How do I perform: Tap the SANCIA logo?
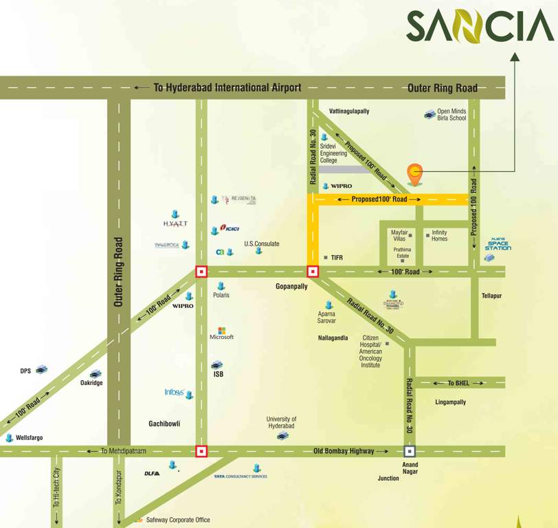click(x=480, y=26)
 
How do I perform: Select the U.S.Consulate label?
click(x=262, y=243)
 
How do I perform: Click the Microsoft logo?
click(x=221, y=334)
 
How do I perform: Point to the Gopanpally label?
click(x=291, y=286)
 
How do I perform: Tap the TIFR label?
click(x=337, y=257)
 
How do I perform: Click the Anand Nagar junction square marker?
click(x=410, y=452)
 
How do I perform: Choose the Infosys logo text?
click(x=174, y=393)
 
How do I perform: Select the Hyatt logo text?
click(x=175, y=223)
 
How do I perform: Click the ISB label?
click(x=218, y=374)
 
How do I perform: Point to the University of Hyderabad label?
click(x=282, y=422)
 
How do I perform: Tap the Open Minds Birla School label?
click(x=451, y=115)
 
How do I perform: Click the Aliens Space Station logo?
click(x=499, y=245)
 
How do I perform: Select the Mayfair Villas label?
click(x=399, y=235)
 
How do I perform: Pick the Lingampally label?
click(x=451, y=402)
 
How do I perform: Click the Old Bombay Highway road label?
click(x=344, y=451)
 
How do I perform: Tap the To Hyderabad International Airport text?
click(x=227, y=87)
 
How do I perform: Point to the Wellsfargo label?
click(x=30, y=437)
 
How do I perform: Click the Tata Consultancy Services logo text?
click(x=241, y=476)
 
